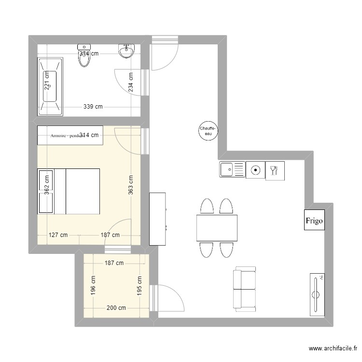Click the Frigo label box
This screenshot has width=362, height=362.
[314, 221]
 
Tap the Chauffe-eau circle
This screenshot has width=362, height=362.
[209, 130]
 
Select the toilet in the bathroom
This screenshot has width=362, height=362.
[84, 56]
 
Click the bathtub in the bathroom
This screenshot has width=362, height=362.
[50, 86]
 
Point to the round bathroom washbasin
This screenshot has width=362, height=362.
[126, 51]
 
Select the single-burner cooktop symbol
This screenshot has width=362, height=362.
[255, 170]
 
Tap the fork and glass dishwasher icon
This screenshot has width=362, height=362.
[275, 170]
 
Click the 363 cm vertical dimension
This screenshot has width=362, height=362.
[131, 185]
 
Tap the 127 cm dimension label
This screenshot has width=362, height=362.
[58, 235]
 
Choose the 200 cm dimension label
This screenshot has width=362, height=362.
[116, 308]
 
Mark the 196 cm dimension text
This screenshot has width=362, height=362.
[93, 285]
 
